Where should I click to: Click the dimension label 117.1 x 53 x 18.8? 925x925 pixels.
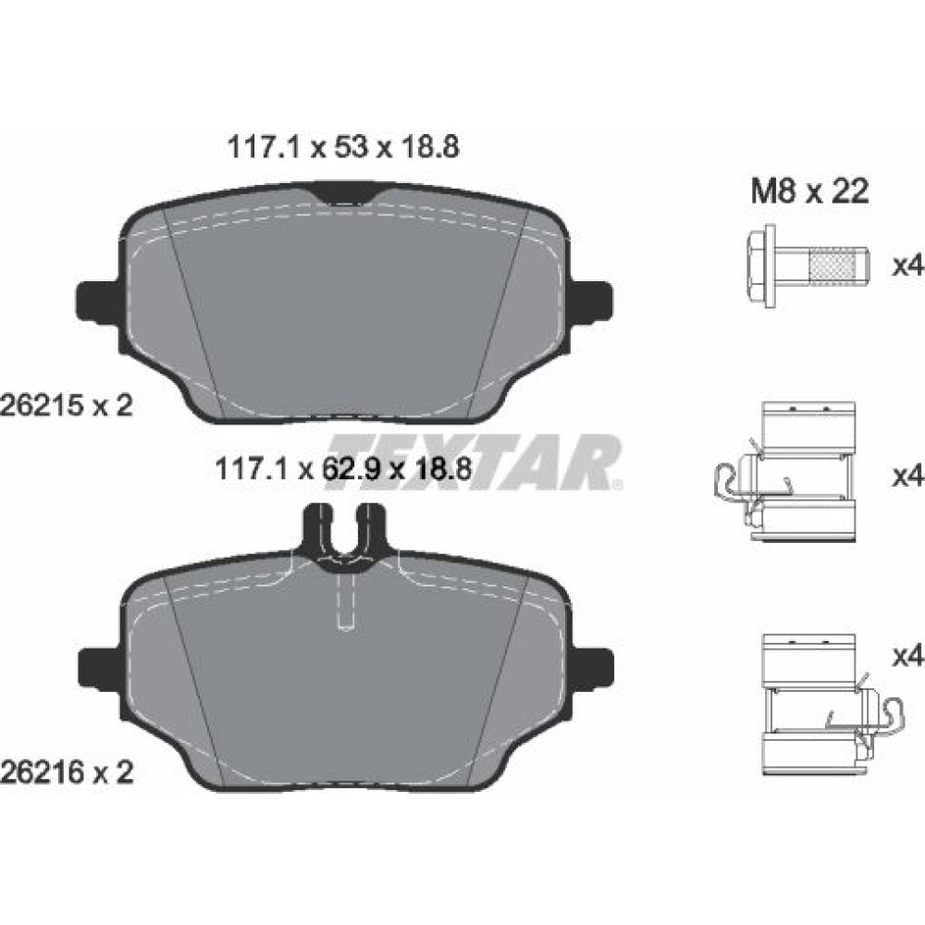coord(343,147)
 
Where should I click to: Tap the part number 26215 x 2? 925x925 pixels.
coord(66,406)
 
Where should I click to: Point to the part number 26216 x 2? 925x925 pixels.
coord(66,771)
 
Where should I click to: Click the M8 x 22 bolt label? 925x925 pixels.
coord(809,191)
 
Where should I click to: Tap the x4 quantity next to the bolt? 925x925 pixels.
coord(908,266)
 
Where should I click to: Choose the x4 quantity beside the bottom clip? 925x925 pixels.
coord(908,656)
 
